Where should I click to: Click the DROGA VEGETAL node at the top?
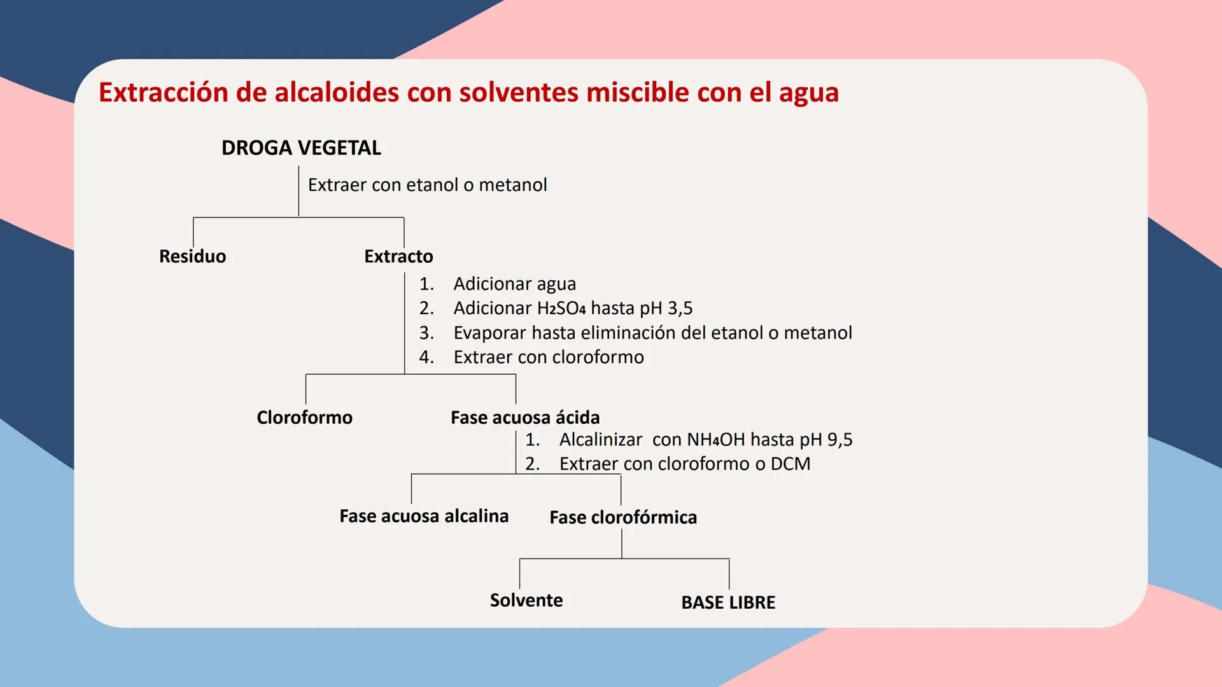[301, 148]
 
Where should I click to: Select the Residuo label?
[192, 256]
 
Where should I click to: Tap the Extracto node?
[398, 256]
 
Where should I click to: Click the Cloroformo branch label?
[304, 417]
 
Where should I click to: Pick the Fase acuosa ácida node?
[525, 417]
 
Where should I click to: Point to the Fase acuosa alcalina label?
[424, 516]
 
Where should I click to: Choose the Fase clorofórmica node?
[623, 517]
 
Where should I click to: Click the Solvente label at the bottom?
[526, 600]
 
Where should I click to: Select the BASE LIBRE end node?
[728, 602]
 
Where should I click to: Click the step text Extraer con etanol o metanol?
[427, 185]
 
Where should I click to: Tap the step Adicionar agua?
[514, 284]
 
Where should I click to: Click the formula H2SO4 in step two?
[561, 308]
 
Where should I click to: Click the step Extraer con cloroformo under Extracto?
[549, 357]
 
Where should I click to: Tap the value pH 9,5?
[826, 440]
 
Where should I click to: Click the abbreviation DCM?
[790, 464]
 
